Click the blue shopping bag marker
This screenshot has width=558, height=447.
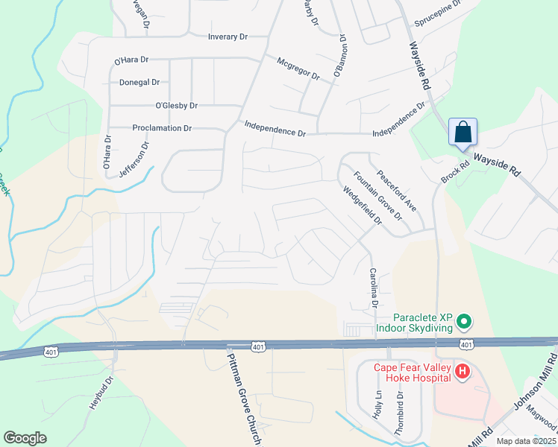point(463,133)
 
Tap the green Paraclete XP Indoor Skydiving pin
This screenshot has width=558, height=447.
point(464,322)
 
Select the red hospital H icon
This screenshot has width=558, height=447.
point(463,371)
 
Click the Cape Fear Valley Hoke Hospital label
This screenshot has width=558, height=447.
point(406,371)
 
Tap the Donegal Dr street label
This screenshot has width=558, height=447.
point(139,82)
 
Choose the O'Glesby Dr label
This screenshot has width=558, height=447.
point(176,106)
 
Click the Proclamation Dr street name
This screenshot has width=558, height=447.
point(162,128)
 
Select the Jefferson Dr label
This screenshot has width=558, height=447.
point(135,156)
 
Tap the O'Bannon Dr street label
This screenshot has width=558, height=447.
point(340,56)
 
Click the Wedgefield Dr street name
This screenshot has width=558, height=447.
point(362,206)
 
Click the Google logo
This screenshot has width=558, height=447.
point(25,438)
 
